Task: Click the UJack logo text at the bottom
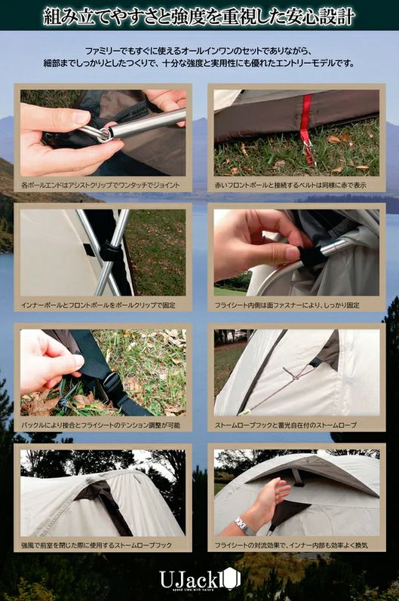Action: (x=199, y=579)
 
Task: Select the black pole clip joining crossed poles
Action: (x=110, y=251)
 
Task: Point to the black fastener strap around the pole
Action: (x=312, y=256)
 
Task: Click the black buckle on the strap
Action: (x=111, y=383)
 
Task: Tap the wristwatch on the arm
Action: (x=243, y=525)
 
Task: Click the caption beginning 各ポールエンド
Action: (x=100, y=186)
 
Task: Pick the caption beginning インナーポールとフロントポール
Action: (x=98, y=305)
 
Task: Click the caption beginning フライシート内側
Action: (x=287, y=305)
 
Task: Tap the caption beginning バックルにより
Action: (x=101, y=425)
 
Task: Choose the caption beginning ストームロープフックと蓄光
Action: (x=286, y=425)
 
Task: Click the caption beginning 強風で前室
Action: (x=97, y=545)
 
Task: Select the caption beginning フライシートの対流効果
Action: (x=291, y=545)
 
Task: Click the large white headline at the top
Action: (x=199, y=17)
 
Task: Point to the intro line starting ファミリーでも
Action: (x=199, y=51)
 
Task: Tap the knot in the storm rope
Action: (x=296, y=378)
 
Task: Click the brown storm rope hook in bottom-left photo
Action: (x=103, y=502)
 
